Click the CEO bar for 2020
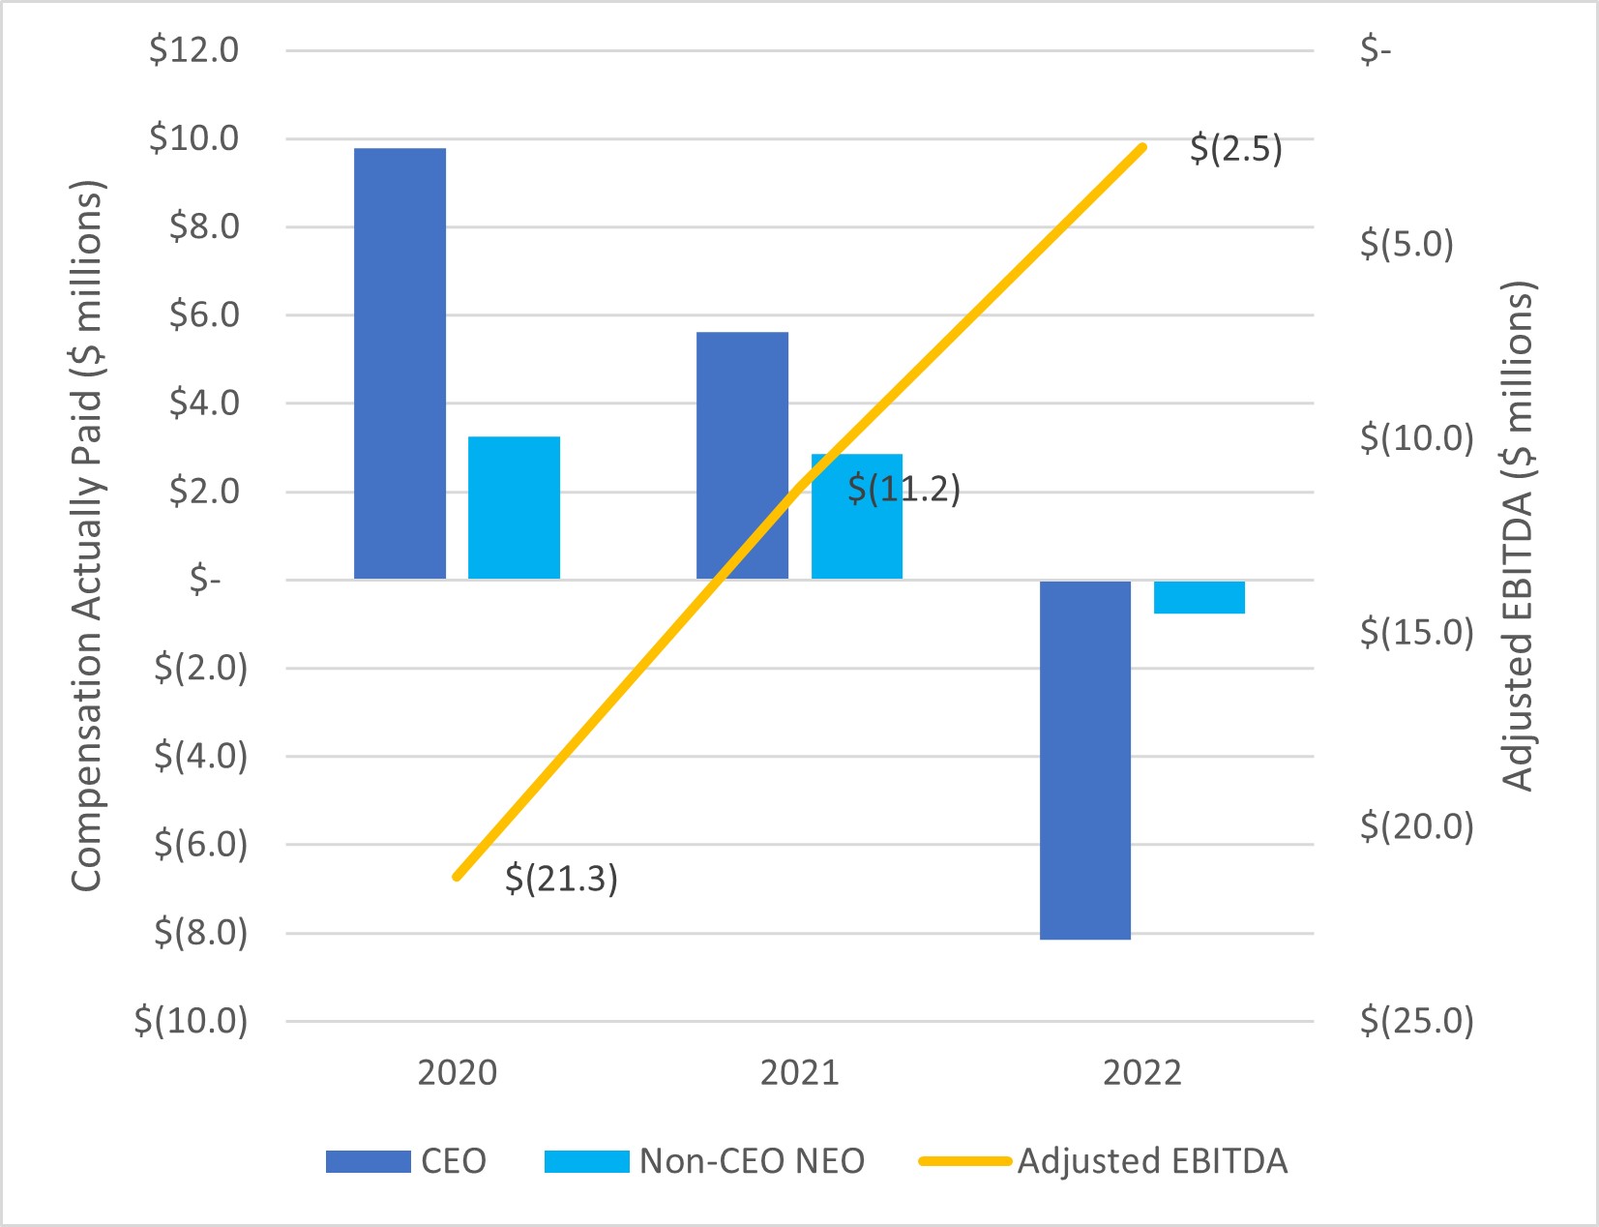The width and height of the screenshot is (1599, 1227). (x=400, y=363)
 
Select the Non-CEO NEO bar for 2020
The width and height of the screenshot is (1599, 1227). (x=514, y=507)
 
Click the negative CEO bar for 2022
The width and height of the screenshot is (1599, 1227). (x=1085, y=760)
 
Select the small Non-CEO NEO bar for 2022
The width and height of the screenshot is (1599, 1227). (x=1199, y=597)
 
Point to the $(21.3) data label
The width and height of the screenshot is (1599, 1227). (x=561, y=879)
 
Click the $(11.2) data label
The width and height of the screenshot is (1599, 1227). (x=903, y=489)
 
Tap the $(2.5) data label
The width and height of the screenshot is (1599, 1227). (x=1235, y=149)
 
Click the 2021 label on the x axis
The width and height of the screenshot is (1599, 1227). (x=799, y=1073)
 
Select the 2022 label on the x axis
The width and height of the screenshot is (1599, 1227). (x=1141, y=1073)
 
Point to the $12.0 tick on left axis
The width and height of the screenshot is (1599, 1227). (x=193, y=50)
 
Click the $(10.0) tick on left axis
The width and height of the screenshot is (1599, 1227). (x=191, y=1021)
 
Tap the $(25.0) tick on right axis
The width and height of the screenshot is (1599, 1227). (x=1416, y=1021)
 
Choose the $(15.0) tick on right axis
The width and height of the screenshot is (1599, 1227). (x=1416, y=633)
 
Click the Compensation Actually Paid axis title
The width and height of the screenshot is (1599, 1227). (x=86, y=535)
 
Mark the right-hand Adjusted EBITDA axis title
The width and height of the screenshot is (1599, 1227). (x=1518, y=535)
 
